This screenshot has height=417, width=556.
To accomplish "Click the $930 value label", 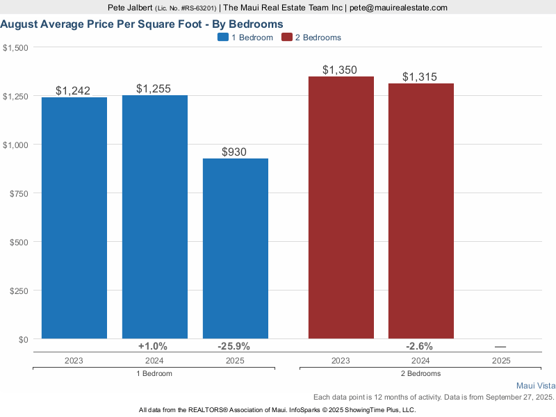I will [234, 152].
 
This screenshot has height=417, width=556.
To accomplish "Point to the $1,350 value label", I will [340, 70].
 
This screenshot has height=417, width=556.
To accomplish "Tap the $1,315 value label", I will [420, 77].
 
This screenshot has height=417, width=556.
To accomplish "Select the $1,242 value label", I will [73, 91].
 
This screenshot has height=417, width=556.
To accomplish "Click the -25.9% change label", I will [233, 346].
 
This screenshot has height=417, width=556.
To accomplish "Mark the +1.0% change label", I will [152, 346].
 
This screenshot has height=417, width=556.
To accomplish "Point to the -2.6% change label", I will [420, 346].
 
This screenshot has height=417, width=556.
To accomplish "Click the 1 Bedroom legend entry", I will [245, 38].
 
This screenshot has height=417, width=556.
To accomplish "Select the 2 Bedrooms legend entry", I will [311, 38].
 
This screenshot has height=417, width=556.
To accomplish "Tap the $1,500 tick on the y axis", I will [15, 47].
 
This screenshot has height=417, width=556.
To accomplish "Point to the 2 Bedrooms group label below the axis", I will [421, 373].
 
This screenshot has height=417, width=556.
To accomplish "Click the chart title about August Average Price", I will [142, 24].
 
